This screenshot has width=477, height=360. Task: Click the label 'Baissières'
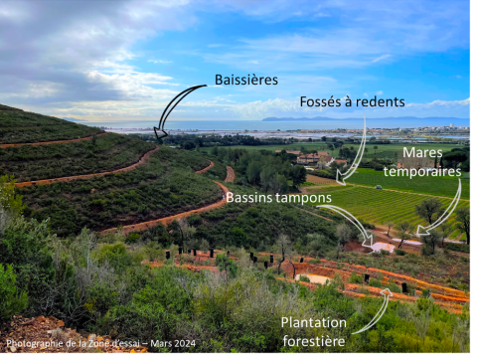[x=246, y=80]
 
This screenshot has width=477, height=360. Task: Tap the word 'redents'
[x=382, y=101]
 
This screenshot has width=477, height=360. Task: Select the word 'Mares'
[x=421, y=154]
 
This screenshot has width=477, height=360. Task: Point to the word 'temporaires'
[x=423, y=171]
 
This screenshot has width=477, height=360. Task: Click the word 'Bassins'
[x=250, y=197]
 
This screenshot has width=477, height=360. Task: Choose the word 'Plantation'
[x=313, y=323]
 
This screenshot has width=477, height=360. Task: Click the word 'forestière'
[x=313, y=340]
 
